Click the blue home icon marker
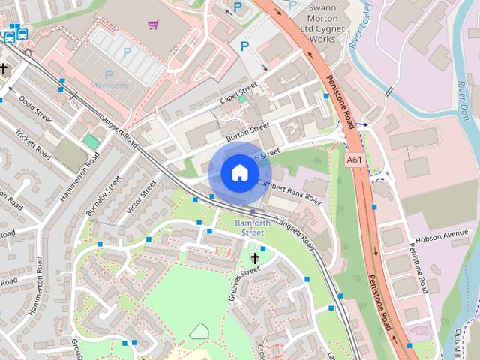[x=239, y=172]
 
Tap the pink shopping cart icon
[x=153, y=25]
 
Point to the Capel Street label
[x=238, y=96]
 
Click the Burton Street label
[x=247, y=133]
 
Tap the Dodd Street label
[x=35, y=109]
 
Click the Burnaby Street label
[x=103, y=196]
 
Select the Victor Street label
[x=142, y=194]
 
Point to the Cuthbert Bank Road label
[x=289, y=192]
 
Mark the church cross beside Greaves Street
[x=255, y=259]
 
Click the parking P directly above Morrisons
[x=109, y=74]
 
